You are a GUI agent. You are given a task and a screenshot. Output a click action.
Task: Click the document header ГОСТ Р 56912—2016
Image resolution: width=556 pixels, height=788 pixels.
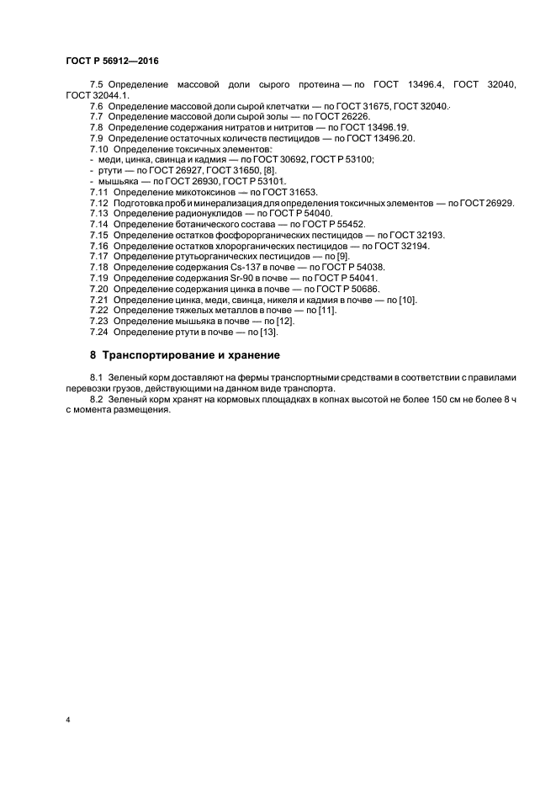point(112,61)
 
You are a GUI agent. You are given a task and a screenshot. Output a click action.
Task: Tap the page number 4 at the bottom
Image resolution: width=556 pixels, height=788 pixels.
point(67,720)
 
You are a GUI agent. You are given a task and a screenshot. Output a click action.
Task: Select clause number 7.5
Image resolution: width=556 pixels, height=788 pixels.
point(97,85)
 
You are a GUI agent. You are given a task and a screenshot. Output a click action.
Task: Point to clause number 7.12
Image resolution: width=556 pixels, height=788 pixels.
point(99,204)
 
